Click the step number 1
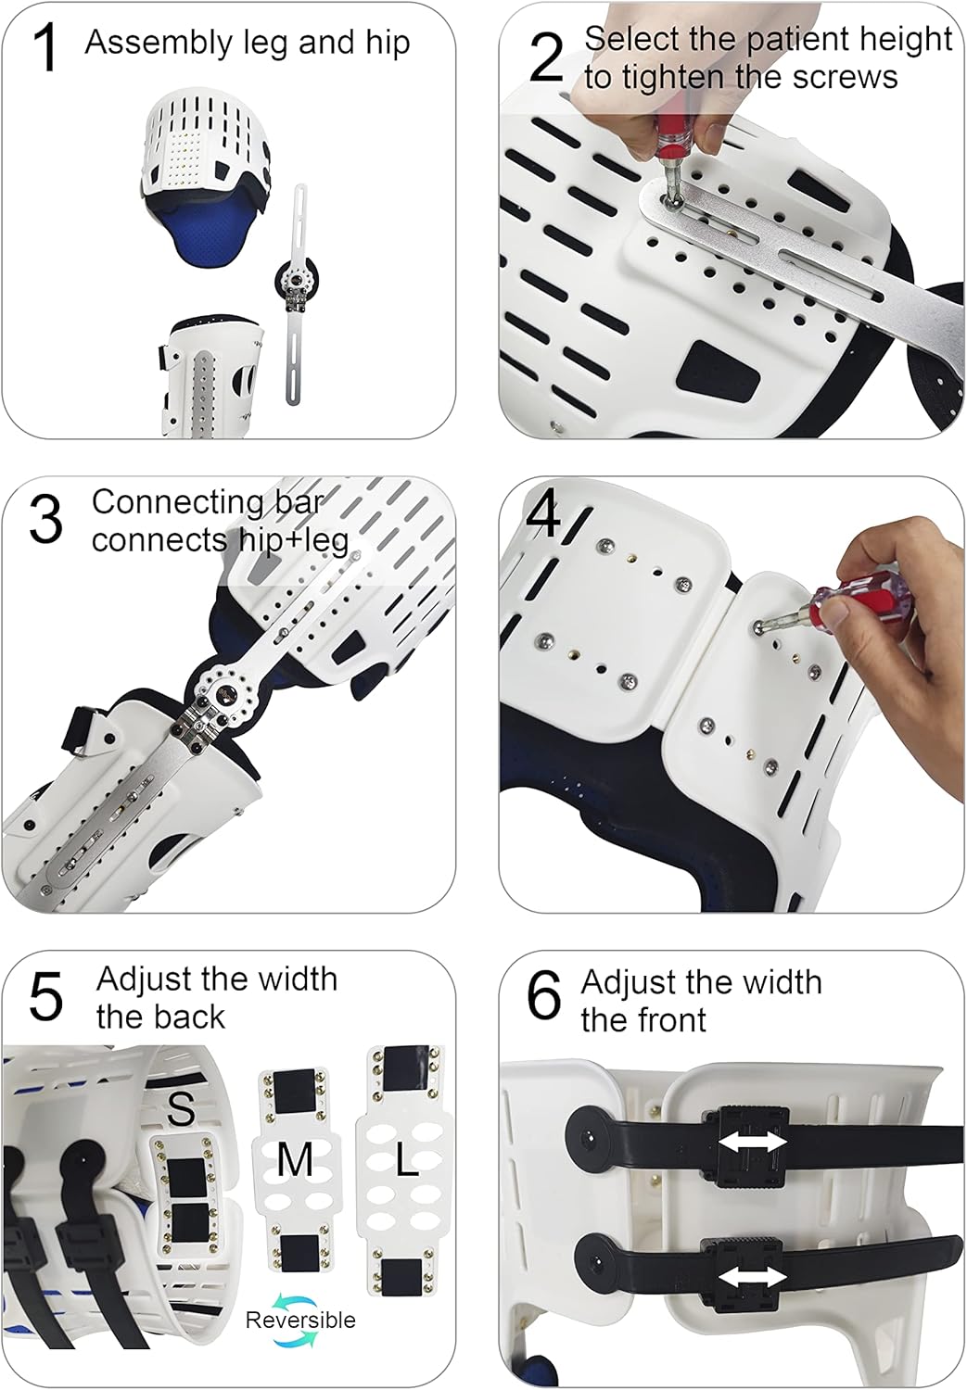pos(45,48)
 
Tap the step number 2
pos(545,57)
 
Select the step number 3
pos(45,520)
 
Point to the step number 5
pos(45,997)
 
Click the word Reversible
pos(299,1320)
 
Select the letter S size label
pos(182,1107)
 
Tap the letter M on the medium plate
pos(295,1159)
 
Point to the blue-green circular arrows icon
pos(299,1295)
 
